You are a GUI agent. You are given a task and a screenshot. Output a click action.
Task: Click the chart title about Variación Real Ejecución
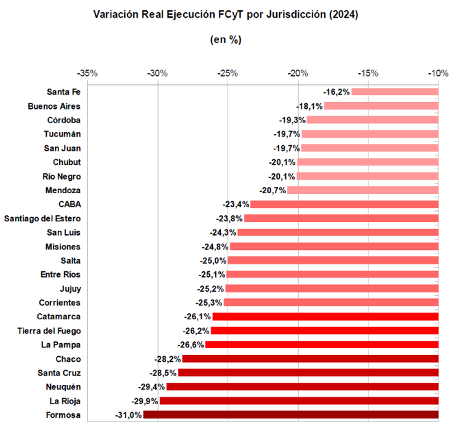click(225, 14)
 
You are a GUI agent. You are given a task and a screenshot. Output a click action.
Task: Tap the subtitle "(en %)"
click(225, 39)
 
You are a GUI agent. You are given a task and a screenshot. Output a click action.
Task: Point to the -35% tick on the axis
click(88, 73)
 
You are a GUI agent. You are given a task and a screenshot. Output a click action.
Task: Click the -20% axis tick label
click(298, 73)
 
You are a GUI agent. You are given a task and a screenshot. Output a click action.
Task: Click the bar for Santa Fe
click(394, 92)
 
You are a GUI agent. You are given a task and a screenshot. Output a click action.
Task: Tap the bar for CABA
click(344, 204)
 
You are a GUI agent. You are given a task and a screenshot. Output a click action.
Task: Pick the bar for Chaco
click(311, 359)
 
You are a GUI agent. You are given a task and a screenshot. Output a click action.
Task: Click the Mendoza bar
click(363, 190)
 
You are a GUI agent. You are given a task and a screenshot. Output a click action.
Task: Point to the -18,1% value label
click(309, 106)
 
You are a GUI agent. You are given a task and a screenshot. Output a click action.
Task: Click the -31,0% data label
click(128, 415)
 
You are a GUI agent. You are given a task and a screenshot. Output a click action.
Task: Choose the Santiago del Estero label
click(42, 218)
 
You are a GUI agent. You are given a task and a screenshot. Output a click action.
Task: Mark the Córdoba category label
click(63, 120)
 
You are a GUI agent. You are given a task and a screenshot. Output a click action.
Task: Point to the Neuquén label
click(62, 387)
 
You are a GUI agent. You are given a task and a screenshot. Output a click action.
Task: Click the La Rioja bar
click(298, 401)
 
